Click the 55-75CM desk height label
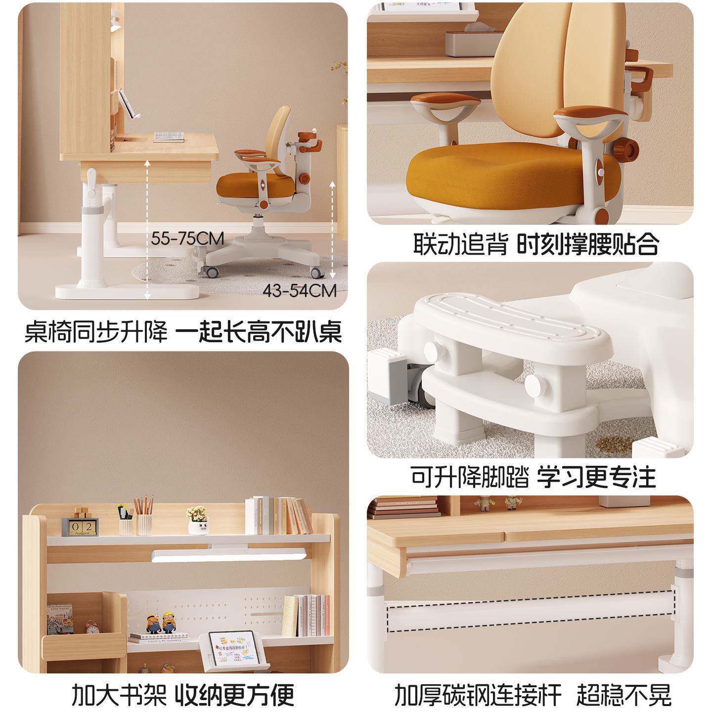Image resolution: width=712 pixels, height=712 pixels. tap(187, 239)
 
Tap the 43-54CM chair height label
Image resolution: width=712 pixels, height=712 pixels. tap(300, 290)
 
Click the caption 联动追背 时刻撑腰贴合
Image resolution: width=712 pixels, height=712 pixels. tap(536, 244)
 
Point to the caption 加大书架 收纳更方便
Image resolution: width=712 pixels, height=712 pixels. tap(183, 694)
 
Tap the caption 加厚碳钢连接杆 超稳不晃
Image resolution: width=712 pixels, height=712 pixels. tap(533, 694)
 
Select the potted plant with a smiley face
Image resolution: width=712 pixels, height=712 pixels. tap(198, 520)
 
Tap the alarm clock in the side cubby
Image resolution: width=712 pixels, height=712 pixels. tap(91, 626)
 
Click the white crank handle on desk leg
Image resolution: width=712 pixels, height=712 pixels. tap(91, 179)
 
